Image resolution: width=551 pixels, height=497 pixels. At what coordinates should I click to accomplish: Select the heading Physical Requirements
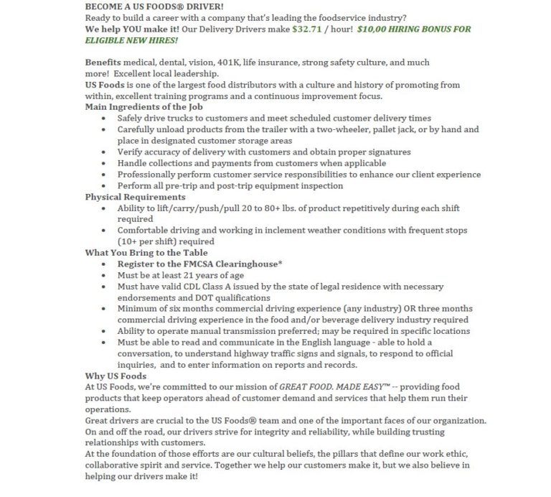tap(135, 197)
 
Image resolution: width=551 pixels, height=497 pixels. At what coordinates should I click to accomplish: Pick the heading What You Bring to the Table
tap(146, 253)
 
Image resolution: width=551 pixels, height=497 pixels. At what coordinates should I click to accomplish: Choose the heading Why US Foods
tap(116, 376)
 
